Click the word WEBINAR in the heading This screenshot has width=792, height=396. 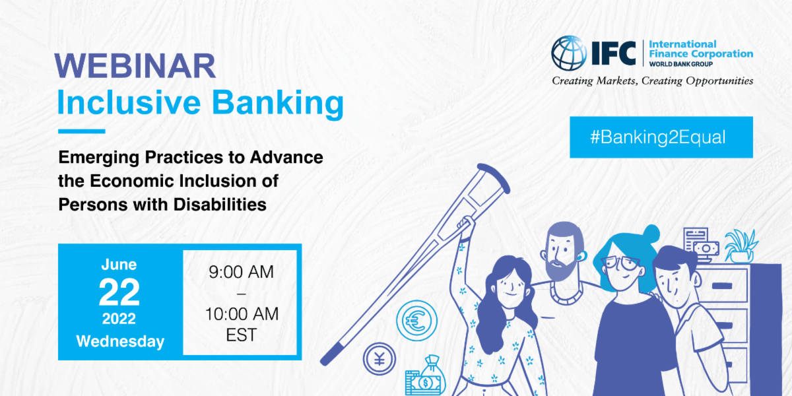[x=135, y=66]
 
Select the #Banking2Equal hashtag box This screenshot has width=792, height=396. [x=661, y=137]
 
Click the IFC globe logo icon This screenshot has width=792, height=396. [x=569, y=53]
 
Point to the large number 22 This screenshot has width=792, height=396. [x=119, y=292]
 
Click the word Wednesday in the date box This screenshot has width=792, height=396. [x=119, y=341]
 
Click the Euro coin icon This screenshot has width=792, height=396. [x=416, y=321]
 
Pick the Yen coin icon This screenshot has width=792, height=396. [x=379, y=360]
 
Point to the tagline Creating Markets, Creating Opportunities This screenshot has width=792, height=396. [x=652, y=81]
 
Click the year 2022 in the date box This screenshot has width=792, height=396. [x=119, y=319]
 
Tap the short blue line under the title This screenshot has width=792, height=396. [x=81, y=131]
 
